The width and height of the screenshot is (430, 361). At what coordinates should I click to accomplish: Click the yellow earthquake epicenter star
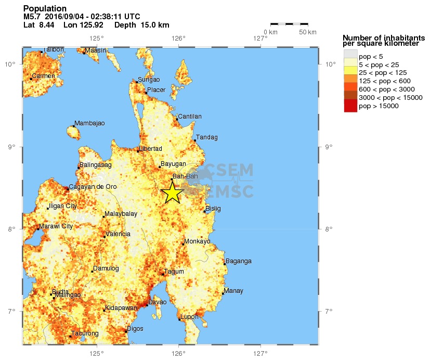point(172,193)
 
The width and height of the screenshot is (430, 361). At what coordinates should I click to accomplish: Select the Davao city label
point(158,302)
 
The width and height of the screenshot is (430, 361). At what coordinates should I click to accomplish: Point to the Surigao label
point(149,80)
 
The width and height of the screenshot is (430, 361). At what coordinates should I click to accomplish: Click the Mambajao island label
point(89,123)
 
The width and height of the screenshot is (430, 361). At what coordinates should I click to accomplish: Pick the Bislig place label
point(213,209)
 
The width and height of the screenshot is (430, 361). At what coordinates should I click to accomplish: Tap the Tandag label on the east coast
point(207,137)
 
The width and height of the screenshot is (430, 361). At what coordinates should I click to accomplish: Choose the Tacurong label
point(85,333)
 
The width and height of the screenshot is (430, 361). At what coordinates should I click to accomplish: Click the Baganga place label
point(239,261)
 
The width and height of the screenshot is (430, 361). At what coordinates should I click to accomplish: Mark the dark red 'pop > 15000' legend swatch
point(350,106)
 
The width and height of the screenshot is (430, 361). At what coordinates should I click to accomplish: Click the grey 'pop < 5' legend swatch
point(350,56)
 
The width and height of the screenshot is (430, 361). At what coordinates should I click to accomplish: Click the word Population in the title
point(45,9)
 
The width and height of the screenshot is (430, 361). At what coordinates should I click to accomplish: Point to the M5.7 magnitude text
point(32,17)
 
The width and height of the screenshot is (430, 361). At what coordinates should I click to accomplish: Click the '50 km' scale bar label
point(308,32)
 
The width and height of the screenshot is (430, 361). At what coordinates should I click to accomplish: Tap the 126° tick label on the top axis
point(178,38)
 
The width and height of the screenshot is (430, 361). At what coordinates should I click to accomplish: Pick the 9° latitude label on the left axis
point(11,147)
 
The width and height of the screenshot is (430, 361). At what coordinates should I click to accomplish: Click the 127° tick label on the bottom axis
point(260,354)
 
